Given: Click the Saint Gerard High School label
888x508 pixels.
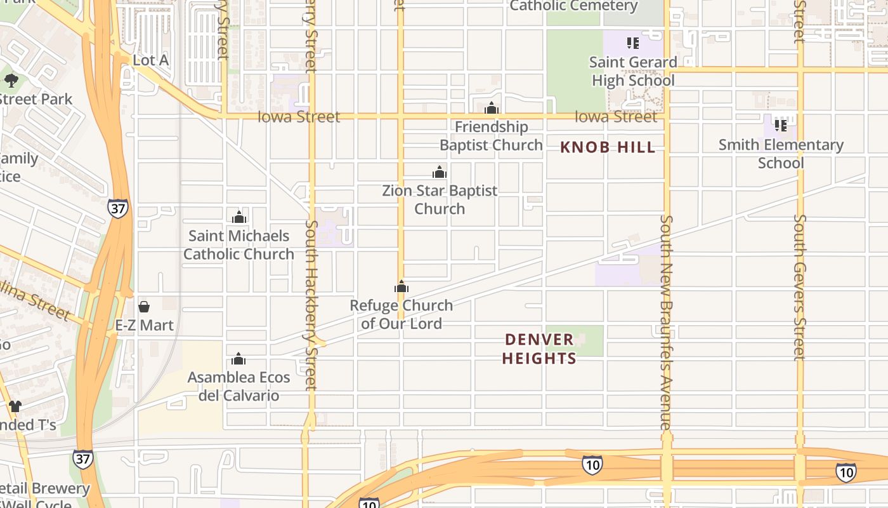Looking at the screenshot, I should (x=634, y=71).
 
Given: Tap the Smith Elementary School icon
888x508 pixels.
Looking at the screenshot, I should (x=781, y=125).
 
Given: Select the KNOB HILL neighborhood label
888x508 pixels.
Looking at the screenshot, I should (x=608, y=147).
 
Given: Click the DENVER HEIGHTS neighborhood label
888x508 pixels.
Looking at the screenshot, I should (x=539, y=349).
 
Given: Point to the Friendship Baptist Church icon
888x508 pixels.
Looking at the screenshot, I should (x=492, y=108).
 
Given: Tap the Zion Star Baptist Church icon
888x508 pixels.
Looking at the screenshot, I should (x=440, y=172).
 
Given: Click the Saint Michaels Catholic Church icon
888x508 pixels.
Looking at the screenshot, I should (x=239, y=217).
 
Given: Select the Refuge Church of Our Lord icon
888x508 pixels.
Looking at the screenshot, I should (x=402, y=287).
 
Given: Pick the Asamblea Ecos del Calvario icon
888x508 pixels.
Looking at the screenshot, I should (x=239, y=359).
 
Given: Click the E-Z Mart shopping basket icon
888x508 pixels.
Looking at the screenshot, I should (x=144, y=307).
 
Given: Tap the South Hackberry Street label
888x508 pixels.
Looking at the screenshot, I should (x=311, y=305).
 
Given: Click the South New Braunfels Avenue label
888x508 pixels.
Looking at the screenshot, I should (x=666, y=322).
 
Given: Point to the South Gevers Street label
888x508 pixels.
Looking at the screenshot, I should (x=800, y=287).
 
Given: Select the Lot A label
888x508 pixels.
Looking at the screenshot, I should (x=151, y=60).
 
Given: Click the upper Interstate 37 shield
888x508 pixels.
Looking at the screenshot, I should (x=117, y=208).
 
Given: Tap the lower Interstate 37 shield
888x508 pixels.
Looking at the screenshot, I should (x=82, y=459).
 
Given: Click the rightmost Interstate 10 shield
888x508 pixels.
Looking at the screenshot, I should (x=846, y=472).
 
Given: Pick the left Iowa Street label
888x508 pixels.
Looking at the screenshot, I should (x=299, y=117).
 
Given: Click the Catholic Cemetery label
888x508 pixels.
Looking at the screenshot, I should (x=573, y=6).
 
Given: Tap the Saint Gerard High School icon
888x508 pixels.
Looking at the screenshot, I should (x=632, y=43).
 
